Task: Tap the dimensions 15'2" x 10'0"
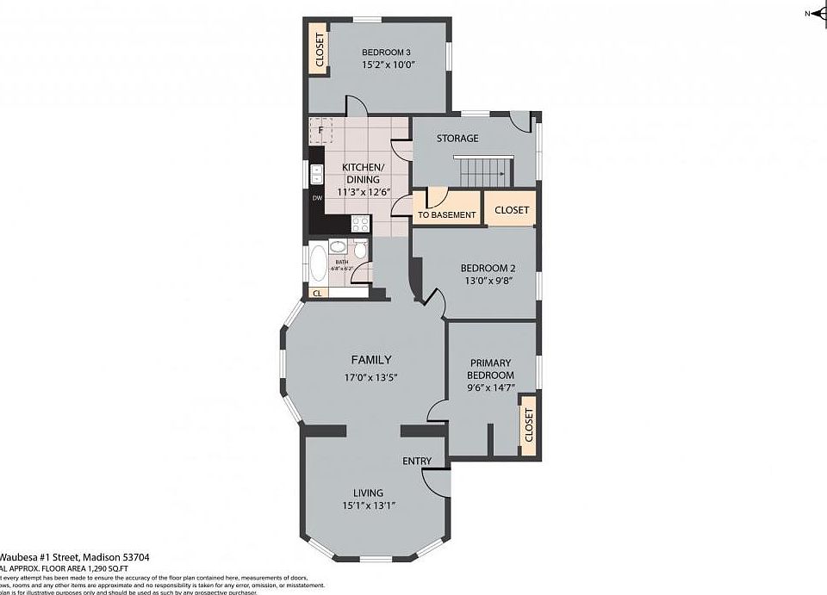coord(389,64)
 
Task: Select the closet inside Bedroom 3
coord(319,50)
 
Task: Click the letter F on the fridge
coord(320,130)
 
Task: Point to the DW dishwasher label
coord(317,198)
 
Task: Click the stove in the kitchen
coord(360,223)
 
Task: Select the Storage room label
coord(457,138)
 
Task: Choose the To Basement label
coord(446,215)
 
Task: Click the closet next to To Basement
coord(512,209)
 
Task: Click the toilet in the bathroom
coord(360,250)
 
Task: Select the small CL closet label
coord(317,293)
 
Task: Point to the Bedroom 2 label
coord(487,267)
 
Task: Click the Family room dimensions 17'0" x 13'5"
coord(370,377)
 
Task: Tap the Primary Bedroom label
coord(490,369)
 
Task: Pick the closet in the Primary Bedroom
coord(528,424)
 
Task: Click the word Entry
coord(417,462)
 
